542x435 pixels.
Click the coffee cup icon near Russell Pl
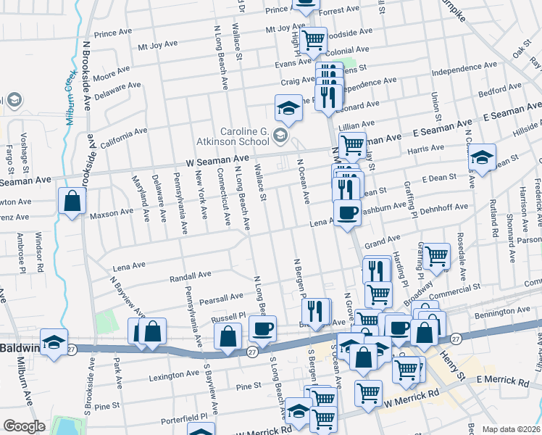tap(262, 328)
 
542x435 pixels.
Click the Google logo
tap(24, 426)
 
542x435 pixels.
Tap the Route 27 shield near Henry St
tap(455, 339)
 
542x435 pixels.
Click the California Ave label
tap(123, 137)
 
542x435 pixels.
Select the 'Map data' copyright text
tap(509, 429)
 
